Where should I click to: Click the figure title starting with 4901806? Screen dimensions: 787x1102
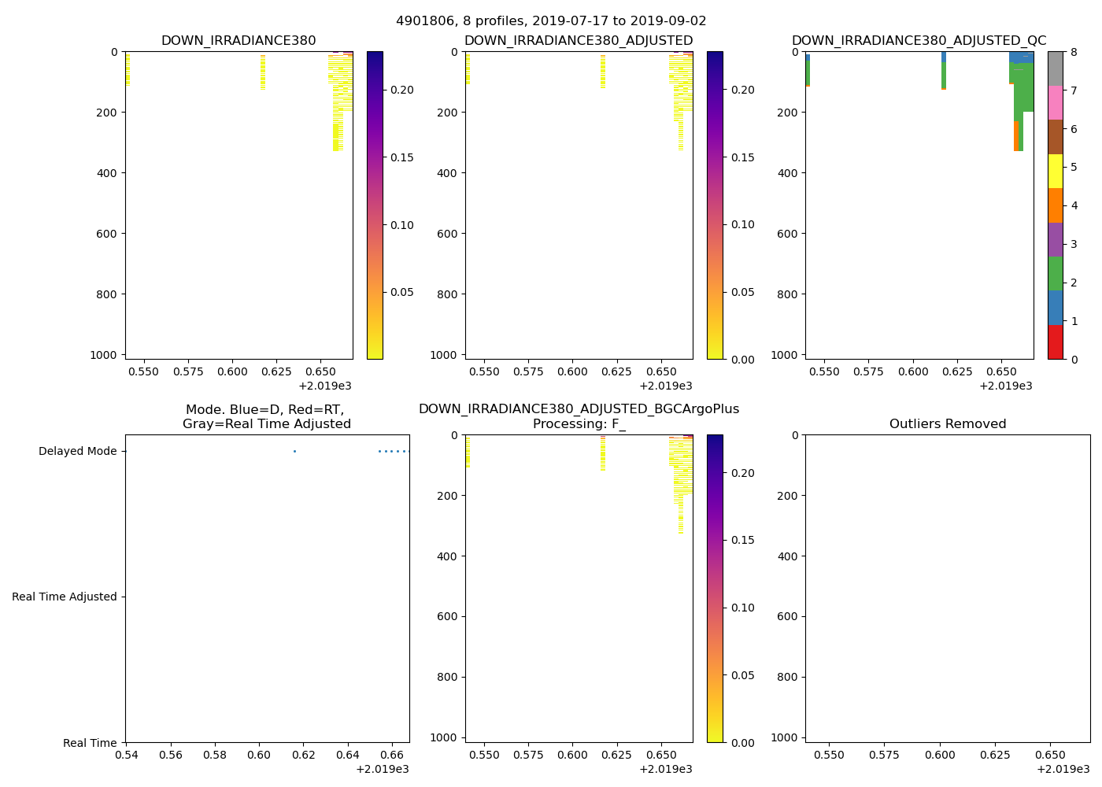click(x=551, y=21)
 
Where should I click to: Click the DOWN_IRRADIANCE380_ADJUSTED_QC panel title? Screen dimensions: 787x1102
click(x=919, y=41)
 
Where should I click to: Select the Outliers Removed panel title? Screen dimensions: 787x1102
click(x=948, y=424)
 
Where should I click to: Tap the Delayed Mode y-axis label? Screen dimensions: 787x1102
click(x=77, y=452)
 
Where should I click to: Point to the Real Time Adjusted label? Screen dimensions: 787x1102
click(x=65, y=597)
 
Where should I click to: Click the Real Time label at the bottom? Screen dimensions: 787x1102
click(x=90, y=743)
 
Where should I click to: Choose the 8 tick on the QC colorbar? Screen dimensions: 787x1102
click(x=1073, y=52)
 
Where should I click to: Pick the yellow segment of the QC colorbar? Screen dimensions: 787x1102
click(x=1056, y=172)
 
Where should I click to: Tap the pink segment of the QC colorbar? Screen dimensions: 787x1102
click(x=1056, y=102)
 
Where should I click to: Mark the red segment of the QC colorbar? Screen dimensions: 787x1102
click(x=1056, y=342)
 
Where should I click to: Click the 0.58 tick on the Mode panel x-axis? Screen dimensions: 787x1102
click(x=215, y=756)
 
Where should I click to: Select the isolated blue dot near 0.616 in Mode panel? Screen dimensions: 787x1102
click(x=294, y=451)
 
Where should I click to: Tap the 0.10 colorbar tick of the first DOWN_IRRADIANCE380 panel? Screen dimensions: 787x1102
click(x=402, y=225)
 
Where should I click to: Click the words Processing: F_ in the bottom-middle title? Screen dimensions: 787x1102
click(x=579, y=424)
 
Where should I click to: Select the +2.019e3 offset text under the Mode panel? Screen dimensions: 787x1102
click(x=383, y=769)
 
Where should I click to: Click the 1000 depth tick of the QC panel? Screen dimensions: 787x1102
click(x=787, y=355)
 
